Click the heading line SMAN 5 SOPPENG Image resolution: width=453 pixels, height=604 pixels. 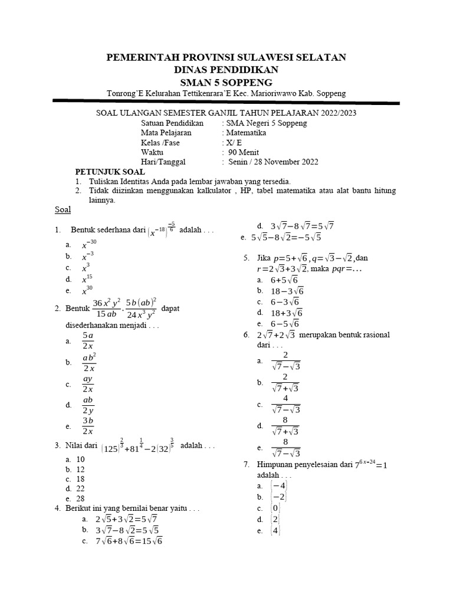point(226,81)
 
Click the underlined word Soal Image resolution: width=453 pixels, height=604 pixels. point(63,209)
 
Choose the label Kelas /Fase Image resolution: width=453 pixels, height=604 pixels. point(160,142)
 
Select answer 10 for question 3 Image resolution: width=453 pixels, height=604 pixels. point(81,459)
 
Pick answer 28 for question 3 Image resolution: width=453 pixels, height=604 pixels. point(81,498)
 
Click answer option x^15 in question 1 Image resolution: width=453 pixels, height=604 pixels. point(87,278)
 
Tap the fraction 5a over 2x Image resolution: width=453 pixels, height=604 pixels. point(88,340)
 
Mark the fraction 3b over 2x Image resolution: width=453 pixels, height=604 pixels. point(88,425)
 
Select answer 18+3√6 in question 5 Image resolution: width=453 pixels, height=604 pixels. point(286,313)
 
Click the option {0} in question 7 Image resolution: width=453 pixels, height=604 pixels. point(275,508)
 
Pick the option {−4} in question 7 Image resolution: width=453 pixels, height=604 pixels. point(277,486)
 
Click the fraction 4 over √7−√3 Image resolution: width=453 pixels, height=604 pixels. point(286,404)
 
